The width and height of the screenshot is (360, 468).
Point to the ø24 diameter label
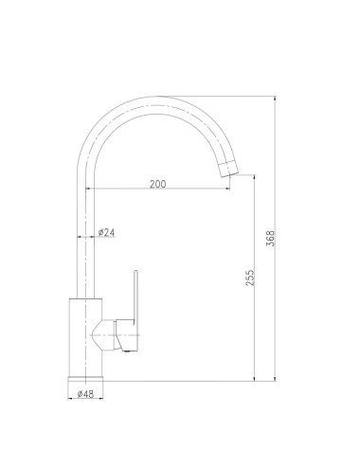(x=106, y=232)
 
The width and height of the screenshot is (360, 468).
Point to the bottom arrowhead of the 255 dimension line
(x=257, y=381)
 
